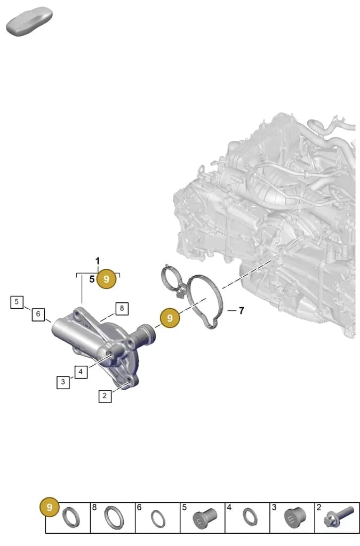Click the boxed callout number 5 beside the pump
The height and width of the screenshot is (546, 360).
tap(17, 302)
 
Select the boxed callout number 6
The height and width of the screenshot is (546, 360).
tap(38, 314)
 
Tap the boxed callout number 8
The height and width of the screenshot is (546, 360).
tap(122, 308)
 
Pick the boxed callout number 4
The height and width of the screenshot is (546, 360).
tap(81, 372)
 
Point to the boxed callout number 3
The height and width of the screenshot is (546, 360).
tap(63, 382)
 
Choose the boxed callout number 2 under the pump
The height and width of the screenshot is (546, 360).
tap(105, 396)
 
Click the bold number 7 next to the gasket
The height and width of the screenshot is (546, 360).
tap(241, 310)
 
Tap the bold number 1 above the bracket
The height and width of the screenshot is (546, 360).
tap(98, 261)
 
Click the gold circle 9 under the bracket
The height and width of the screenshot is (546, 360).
tap(107, 279)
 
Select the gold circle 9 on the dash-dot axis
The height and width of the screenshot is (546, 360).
tap(170, 318)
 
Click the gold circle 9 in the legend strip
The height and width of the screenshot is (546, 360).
tap(50, 507)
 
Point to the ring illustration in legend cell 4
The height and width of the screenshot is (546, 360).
tap(250, 517)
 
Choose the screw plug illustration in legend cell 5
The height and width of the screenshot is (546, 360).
tap(205, 518)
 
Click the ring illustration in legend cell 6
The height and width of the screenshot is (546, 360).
tap(158, 519)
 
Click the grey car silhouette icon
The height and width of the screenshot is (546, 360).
tap(29, 21)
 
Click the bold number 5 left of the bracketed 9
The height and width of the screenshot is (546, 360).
tap(92, 279)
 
